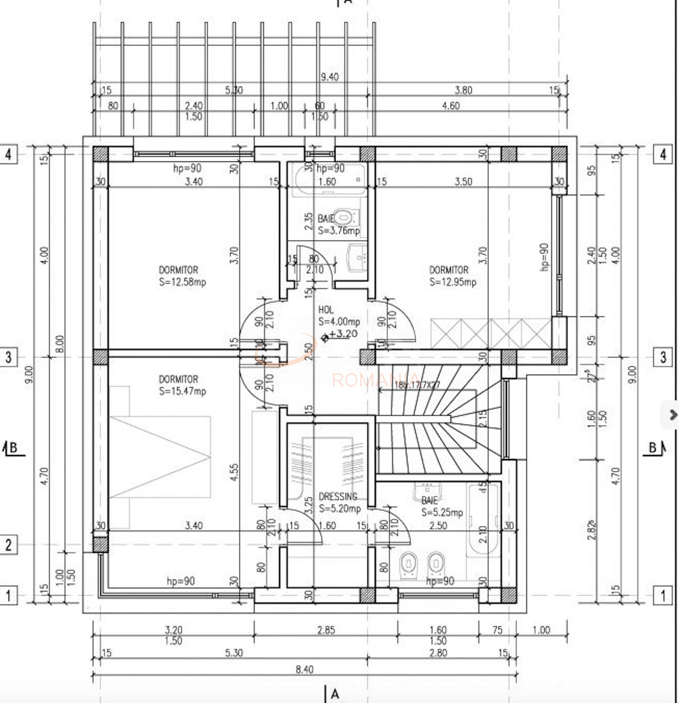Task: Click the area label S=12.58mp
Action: [182, 282]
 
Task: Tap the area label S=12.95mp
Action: [453, 282]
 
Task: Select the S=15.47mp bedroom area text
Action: [182, 391]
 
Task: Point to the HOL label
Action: [326, 310]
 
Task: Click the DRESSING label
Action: [338, 496]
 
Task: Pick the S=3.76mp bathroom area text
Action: [338, 230]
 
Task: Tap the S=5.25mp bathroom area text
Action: [442, 512]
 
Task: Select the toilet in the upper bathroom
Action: [343, 217]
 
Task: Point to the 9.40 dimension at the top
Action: [329, 77]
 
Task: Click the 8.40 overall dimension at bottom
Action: [304, 670]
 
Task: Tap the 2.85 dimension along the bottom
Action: [326, 630]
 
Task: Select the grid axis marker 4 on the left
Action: [8, 154]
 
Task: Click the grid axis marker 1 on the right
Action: [663, 595]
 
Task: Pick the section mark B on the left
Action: [11, 448]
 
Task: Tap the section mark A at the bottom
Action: [334, 694]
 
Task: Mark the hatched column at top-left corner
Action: [100, 154]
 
